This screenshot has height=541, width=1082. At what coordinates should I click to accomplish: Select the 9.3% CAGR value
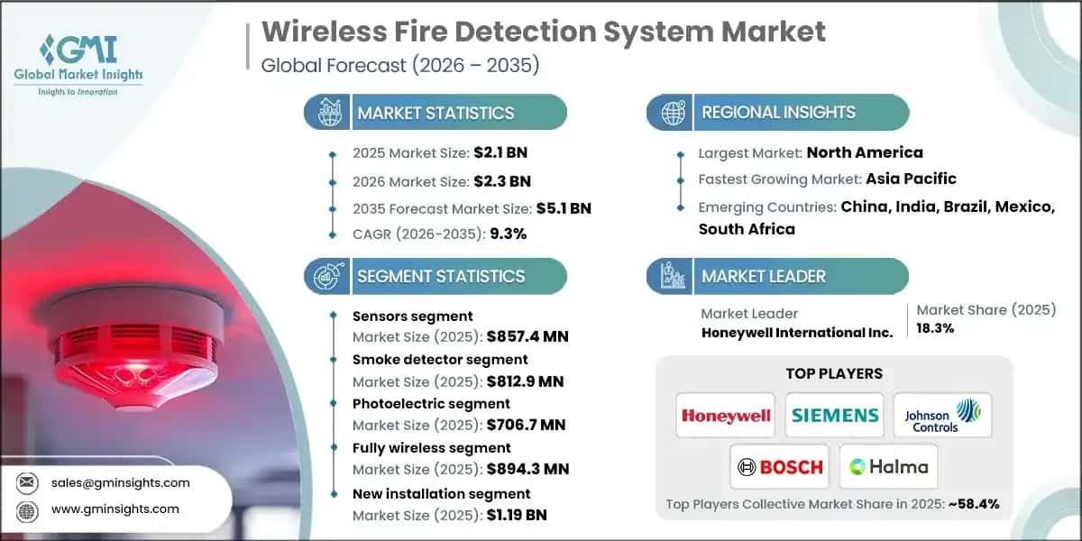click(x=508, y=233)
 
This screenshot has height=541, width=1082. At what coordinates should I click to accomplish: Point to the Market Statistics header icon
click(x=327, y=113)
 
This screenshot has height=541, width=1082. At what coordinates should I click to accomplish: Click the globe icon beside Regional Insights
click(x=672, y=113)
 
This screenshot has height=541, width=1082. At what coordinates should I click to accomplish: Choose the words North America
click(x=865, y=152)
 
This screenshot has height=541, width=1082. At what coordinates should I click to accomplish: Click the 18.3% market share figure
click(x=936, y=328)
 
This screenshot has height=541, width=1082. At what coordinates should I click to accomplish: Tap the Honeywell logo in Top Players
click(x=727, y=416)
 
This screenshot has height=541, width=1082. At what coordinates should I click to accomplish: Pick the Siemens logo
click(x=835, y=416)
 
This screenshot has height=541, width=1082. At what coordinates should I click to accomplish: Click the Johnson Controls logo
click(x=942, y=416)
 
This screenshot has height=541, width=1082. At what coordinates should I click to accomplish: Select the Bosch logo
click(x=781, y=466)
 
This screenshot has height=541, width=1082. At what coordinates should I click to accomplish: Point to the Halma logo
click(x=888, y=466)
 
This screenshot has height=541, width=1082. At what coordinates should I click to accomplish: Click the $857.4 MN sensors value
click(x=527, y=337)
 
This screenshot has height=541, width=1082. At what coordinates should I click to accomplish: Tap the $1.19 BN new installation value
click(x=517, y=516)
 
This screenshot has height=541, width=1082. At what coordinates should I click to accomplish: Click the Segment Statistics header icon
click(x=327, y=276)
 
